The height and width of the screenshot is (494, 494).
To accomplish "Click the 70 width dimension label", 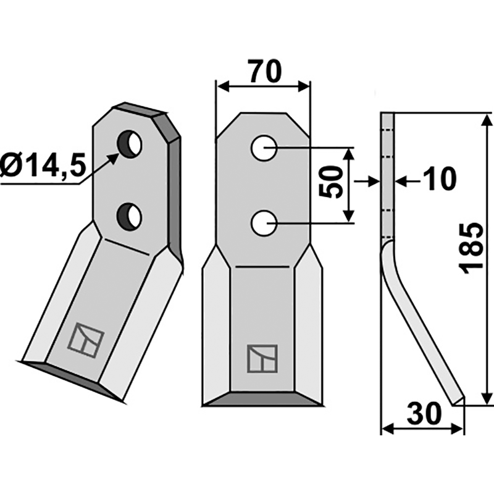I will click(x=264, y=71).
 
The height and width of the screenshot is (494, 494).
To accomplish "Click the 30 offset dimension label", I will click(x=424, y=413).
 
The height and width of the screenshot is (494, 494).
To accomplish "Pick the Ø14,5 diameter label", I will click(x=42, y=167).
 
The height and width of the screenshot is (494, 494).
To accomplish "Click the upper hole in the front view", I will click(x=264, y=149).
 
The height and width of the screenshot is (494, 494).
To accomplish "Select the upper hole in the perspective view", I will click(x=131, y=143).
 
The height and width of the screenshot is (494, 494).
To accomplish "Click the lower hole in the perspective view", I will click(x=130, y=216).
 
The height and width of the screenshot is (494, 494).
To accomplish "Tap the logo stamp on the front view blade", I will click(x=262, y=358).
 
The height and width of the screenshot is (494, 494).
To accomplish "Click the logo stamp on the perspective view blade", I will click(x=86, y=340).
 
